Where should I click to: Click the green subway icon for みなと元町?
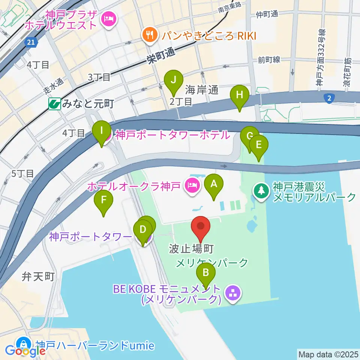[54, 104]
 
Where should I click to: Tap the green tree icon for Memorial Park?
[260, 191]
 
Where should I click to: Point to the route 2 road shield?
[329, 98]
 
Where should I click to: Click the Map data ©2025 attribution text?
[328, 354]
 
